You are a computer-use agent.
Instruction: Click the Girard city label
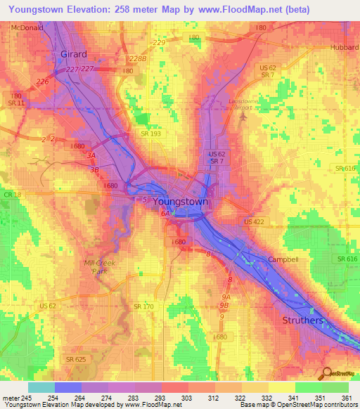(73, 54)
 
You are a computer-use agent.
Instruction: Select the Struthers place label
(302, 320)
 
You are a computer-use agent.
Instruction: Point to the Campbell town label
(283, 259)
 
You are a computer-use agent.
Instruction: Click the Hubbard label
(344, 48)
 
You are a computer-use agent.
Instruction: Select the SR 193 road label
(150, 134)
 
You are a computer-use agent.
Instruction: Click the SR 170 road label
(143, 306)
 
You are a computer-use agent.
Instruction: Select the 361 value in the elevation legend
(347, 397)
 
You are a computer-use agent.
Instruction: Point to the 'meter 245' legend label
(15, 397)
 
